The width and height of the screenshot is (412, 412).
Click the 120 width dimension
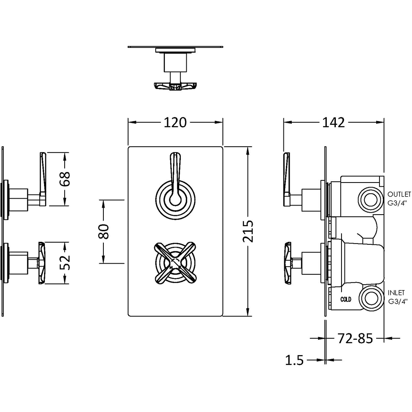[175, 122]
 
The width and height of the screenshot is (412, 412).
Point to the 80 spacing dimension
[103, 231]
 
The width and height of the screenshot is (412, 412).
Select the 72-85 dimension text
[355, 339]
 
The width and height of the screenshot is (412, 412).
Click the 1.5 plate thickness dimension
[294, 361]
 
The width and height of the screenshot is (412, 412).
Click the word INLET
[397, 293]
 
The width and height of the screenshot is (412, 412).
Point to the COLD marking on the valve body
[346, 300]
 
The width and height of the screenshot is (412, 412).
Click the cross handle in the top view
[175, 86]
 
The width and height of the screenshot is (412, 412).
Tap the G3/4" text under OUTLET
[398, 203]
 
